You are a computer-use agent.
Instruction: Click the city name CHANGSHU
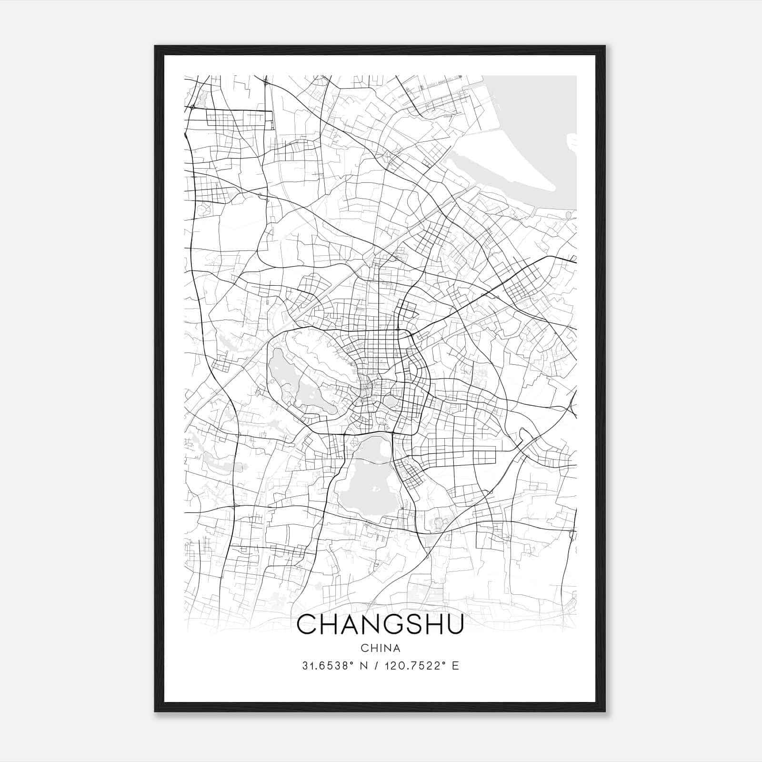click(380, 624)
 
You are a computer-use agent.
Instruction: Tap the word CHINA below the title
click(381, 648)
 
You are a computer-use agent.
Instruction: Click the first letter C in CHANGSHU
click(307, 624)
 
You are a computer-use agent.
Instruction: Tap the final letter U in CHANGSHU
click(454, 624)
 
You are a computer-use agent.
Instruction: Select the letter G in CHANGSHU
click(391, 624)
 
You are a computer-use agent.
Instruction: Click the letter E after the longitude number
click(456, 666)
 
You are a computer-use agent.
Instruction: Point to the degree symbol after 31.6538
click(353, 663)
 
